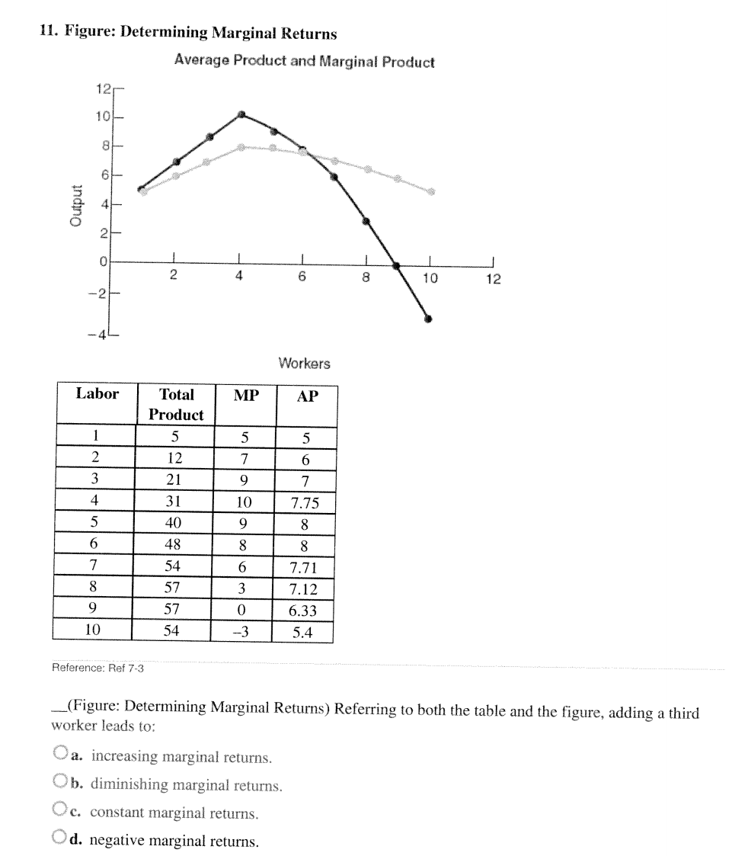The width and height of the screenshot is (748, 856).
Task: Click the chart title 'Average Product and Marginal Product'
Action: (304, 62)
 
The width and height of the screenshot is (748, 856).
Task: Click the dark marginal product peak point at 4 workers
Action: (241, 114)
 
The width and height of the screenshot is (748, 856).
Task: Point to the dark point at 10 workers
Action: (429, 319)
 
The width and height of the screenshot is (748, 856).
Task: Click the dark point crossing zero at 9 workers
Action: (396, 266)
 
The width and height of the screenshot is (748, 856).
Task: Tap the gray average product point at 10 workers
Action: (431, 191)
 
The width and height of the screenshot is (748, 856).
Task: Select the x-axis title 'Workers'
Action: (304, 364)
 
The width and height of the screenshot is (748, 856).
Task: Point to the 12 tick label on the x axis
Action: (494, 279)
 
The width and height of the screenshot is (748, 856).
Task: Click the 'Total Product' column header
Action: (176, 405)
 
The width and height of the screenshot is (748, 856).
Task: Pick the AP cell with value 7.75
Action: (304, 503)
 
